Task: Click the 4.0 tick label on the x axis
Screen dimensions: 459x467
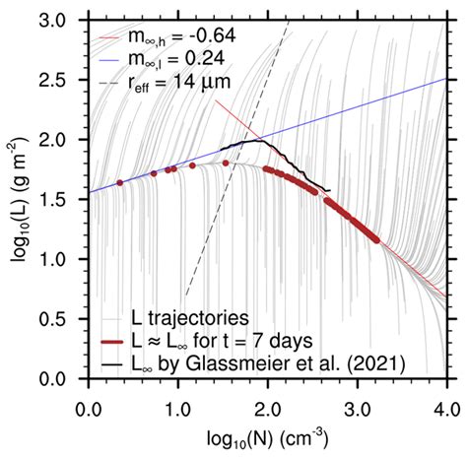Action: click(445, 402)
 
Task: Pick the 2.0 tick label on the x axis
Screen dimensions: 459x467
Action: click(267, 402)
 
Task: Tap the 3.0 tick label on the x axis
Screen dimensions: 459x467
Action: click(357, 402)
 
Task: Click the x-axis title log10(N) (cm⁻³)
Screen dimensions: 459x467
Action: click(267, 434)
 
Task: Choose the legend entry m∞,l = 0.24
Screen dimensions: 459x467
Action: click(182, 64)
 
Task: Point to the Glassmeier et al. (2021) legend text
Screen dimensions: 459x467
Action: click(267, 362)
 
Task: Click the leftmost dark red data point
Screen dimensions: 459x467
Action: click(120, 183)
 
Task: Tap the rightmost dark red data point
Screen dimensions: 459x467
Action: click(375, 236)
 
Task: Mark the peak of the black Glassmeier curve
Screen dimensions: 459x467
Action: click(258, 141)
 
